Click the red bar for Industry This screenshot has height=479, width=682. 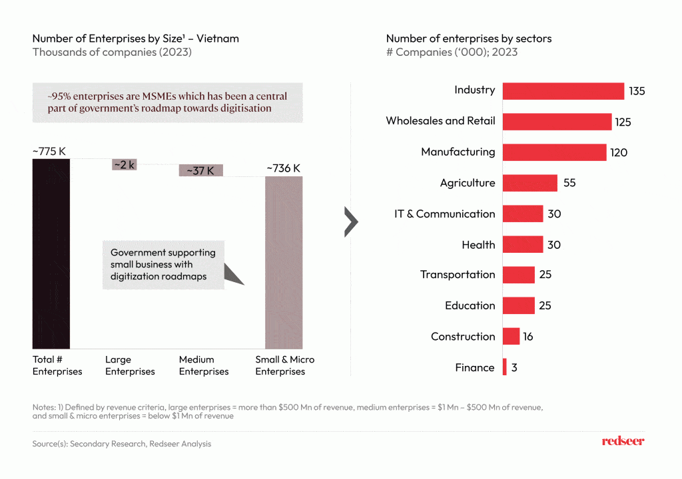tap(563, 90)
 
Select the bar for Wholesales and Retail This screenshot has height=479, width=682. tap(557, 121)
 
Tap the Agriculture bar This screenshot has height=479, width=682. tap(529, 183)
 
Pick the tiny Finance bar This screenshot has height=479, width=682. tap(505, 367)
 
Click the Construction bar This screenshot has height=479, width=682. tap(511, 337)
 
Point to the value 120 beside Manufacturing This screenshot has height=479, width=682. tap(619, 152)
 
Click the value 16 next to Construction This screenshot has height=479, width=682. tap(528, 337)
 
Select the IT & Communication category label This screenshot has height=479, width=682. tap(445, 214)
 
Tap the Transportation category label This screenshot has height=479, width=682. tap(458, 275)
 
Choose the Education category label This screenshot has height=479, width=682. tap(470, 305)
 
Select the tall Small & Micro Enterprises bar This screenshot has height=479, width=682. tap(284, 262)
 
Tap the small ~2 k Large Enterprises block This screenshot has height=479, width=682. tap(124, 165)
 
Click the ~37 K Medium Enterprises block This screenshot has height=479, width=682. tap(200, 171)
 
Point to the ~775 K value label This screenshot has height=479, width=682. tap(49, 151)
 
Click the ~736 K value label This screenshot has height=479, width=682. tap(284, 168)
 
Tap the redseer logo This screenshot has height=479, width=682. tap(623, 441)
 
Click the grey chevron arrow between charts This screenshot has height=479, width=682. tap(351, 222)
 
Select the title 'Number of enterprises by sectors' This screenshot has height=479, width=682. tap(469, 39)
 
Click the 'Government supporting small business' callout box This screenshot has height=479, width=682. tap(163, 264)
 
